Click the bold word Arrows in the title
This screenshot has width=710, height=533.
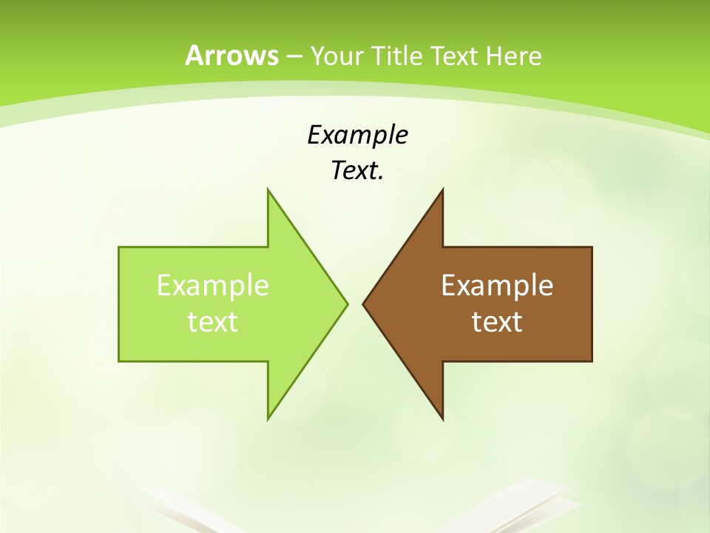(231, 56)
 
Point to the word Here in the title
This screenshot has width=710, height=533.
(514, 56)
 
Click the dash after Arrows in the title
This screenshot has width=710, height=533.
(294, 56)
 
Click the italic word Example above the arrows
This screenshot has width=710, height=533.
(357, 135)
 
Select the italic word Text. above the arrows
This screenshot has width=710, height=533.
(357, 170)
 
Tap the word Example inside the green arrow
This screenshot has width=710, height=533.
(213, 285)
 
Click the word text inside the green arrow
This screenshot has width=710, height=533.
(213, 321)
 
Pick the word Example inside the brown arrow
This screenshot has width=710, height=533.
(497, 285)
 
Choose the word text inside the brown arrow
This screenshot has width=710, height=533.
(497, 321)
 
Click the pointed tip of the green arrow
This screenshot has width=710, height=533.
(346, 304)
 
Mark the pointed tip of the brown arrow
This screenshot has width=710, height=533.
(364, 304)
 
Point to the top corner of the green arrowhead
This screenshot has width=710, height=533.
(268, 190)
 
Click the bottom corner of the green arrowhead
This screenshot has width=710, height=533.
(268, 418)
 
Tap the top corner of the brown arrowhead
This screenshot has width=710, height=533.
(442, 190)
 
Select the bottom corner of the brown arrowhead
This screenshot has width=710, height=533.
(442, 418)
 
